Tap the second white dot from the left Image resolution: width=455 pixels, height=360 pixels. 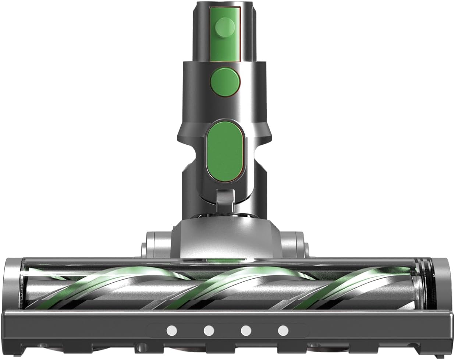coord(209,331)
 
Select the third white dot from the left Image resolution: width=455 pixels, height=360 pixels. coord(245,331)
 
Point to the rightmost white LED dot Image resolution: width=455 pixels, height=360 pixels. coord(283,331)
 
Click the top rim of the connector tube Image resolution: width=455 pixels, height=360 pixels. coord(225,5)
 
